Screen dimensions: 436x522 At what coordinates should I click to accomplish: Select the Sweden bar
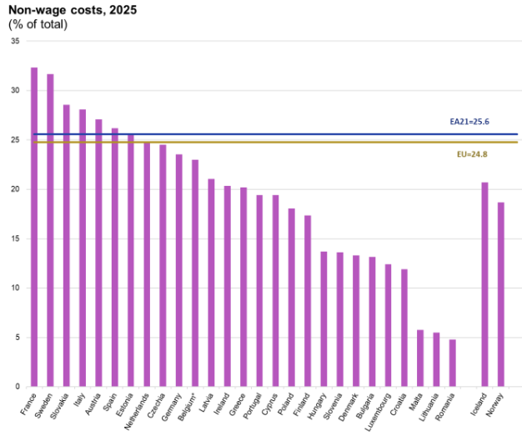click(x=50, y=230)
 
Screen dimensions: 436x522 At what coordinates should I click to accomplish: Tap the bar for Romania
click(x=453, y=363)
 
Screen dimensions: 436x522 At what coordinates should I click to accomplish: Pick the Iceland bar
click(x=484, y=284)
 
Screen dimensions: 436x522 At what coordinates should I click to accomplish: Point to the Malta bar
click(x=420, y=358)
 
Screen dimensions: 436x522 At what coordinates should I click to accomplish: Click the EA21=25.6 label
click(x=469, y=122)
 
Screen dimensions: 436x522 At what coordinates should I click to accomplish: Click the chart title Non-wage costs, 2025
click(x=62, y=10)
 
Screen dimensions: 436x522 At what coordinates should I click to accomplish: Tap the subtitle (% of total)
click(x=38, y=24)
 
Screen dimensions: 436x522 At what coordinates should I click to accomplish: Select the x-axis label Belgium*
click(x=189, y=406)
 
